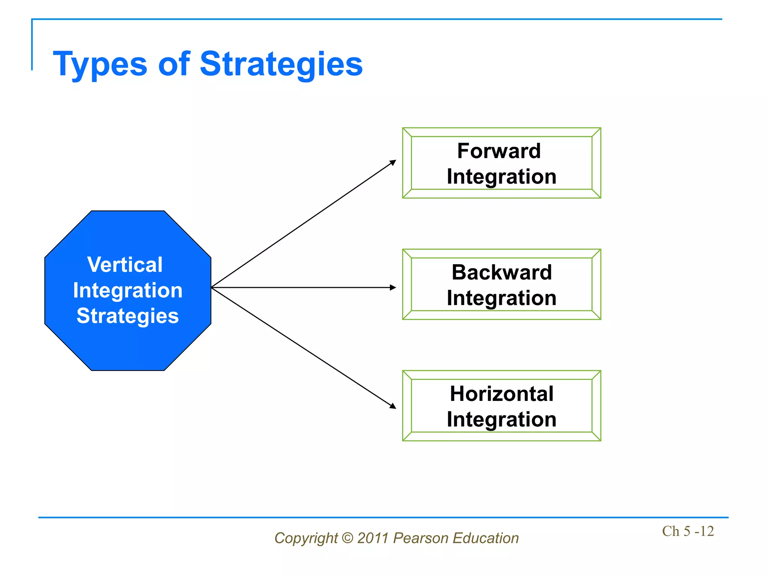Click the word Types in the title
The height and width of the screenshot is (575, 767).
(x=100, y=65)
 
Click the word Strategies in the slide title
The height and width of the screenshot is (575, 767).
(x=281, y=65)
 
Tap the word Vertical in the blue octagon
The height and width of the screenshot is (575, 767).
(x=125, y=265)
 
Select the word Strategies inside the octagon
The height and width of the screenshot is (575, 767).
(x=128, y=316)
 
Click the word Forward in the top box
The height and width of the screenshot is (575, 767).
(x=499, y=151)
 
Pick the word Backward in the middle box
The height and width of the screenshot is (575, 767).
(x=501, y=272)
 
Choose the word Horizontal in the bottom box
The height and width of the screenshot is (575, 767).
(x=501, y=394)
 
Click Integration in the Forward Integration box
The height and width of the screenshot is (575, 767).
(x=501, y=176)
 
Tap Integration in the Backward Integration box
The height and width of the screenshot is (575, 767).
(x=501, y=298)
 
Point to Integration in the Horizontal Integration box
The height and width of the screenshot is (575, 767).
(x=501, y=419)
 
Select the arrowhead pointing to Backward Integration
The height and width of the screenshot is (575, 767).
(x=393, y=287)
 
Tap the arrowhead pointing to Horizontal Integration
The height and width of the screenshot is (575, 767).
(x=393, y=406)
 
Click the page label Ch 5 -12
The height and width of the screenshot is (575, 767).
(x=688, y=531)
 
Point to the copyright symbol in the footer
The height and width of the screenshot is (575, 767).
(x=348, y=538)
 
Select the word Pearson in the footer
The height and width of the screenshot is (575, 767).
(x=421, y=538)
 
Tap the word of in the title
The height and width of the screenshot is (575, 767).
(x=174, y=65)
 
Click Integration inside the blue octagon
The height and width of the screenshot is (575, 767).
(x=128, y=290)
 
